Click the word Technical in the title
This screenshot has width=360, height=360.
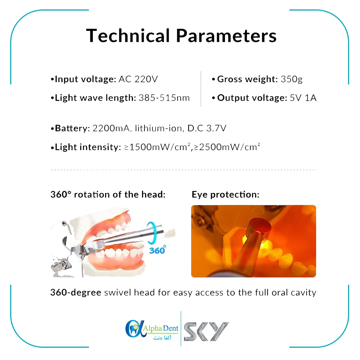point(128,36)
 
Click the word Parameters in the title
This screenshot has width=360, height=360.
point(226,36)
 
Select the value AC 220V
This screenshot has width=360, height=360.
point(138,79)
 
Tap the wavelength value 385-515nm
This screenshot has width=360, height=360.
point(164,98)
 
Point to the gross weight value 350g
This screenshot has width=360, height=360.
point(291,79)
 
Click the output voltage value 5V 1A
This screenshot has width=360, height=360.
point(303,98)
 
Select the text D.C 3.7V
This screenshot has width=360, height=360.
point(207,128)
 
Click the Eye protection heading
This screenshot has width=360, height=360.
point(225,195)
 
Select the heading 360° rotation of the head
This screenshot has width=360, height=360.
point(108,194)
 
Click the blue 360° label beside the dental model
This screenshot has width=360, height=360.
point(157,250)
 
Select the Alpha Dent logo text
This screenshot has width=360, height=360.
point(160,328)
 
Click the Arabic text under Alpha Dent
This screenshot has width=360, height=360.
point(162,338)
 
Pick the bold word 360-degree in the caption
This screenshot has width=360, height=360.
point(76,292)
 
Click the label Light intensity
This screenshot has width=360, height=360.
point(86,147)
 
